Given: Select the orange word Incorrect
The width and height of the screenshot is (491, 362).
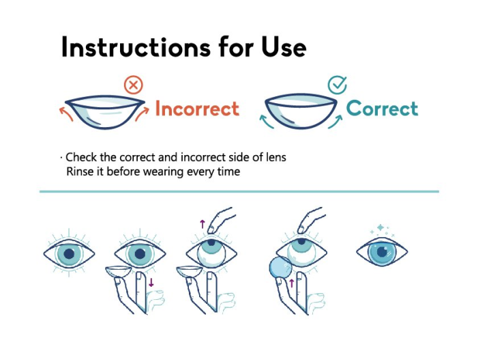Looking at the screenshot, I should click(197, 109).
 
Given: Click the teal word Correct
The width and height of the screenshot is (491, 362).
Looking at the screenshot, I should click(382, 108).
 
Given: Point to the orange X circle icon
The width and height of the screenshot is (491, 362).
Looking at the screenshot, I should click(134, 85).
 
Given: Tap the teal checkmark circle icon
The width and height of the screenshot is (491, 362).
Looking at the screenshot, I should click(337, 85).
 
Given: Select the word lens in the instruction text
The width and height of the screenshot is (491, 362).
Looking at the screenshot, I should click(275, 157).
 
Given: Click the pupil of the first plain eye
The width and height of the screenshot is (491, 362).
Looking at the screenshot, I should click(68, 253).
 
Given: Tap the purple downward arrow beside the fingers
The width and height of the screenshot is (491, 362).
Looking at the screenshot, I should click(151, 282).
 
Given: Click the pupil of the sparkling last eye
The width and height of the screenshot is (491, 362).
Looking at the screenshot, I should click(381, 252).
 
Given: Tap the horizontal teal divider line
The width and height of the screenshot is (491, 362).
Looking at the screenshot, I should click(239, 192).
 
